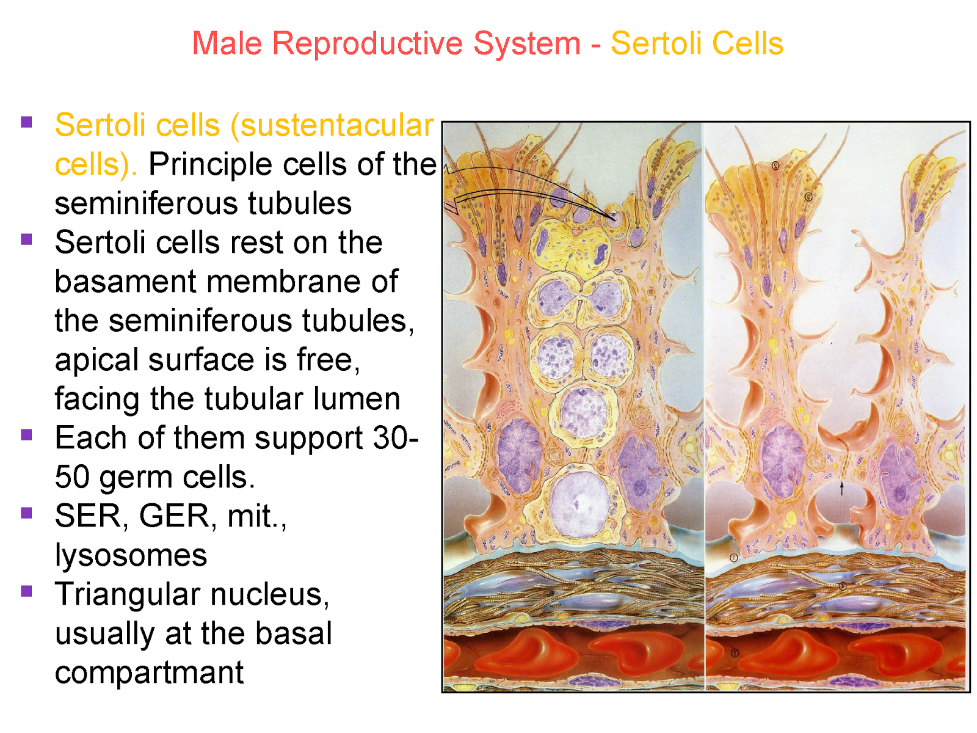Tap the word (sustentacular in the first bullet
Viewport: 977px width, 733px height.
332,125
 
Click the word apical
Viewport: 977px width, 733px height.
96,360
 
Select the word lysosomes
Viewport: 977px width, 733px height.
131,556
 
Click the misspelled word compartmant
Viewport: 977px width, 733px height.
149,673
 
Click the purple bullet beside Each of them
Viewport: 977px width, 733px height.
26,434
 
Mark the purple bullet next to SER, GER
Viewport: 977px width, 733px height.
26,512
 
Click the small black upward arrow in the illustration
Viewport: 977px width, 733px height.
841,487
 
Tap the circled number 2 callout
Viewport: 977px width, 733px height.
775,166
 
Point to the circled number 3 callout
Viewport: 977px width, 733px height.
808,197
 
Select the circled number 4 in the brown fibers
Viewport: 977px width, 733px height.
842,586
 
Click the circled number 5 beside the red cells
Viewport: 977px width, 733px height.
735,653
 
